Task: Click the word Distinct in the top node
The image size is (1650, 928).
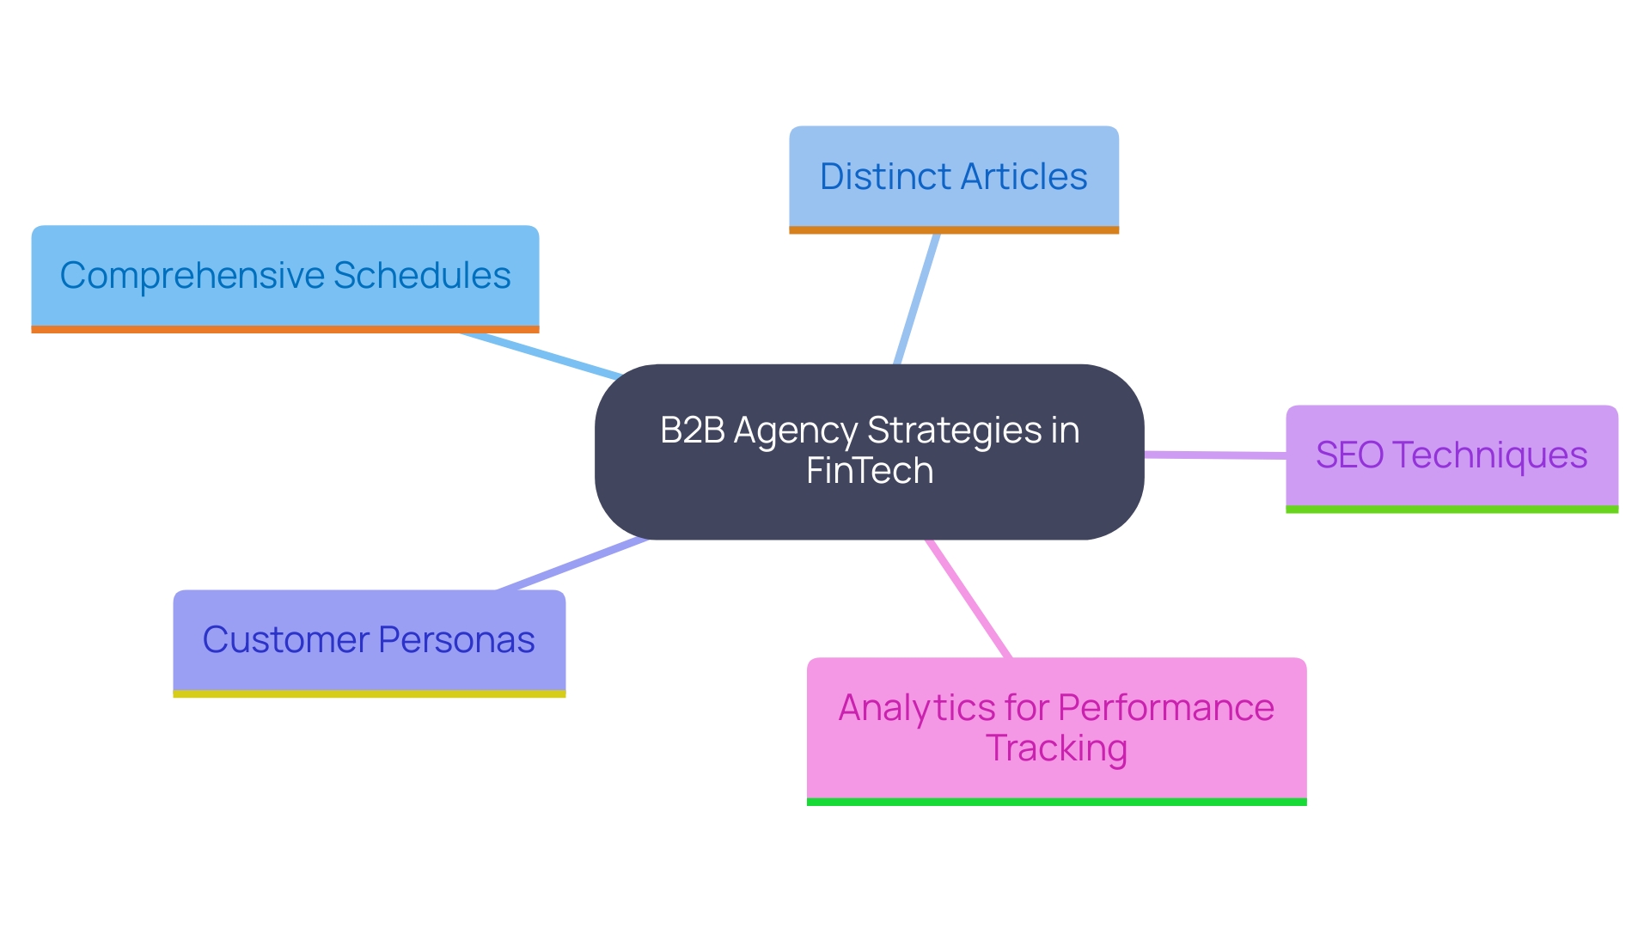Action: (x=885, y=177)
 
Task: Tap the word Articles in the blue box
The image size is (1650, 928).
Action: (x=1024, y=177)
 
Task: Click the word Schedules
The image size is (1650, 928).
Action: (x=422, y=276)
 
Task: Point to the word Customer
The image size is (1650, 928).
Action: (x=285, y=640)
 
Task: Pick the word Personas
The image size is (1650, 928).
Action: (x=456, y=640)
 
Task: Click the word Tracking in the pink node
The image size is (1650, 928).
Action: (x=1056, y=748)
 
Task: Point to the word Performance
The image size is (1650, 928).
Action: (x=1165, y=708)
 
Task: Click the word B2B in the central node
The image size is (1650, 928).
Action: (x=692, y=430)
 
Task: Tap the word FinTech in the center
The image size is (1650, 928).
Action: (x=870, y=471)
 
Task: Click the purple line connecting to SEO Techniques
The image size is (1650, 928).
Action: (x=1215, y=455)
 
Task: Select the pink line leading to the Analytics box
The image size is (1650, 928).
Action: (x=968, y=599)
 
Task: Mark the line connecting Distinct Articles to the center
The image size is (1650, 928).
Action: (x=917, y=298)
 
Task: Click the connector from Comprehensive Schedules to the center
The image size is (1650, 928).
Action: (x=541, y=355)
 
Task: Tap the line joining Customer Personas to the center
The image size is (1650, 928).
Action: (x=571, y=565)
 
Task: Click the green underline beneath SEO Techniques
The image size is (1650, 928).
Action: (x=1451, y=510)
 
